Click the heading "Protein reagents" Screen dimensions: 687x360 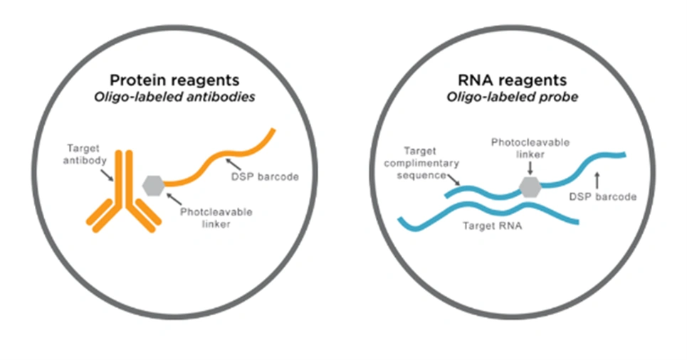point(174,80)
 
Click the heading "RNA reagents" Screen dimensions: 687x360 point(512,80)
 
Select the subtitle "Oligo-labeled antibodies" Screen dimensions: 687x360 point(174,97)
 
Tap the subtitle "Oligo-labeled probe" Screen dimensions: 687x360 point(512,97)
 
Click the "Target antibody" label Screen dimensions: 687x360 point(84,154)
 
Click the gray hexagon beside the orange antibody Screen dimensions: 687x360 point(153,186)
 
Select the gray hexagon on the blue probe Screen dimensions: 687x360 point(530,187)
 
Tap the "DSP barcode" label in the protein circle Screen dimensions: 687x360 point(265,177)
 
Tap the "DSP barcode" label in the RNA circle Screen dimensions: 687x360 point(603,197)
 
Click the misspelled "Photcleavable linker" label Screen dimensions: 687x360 point(216,218)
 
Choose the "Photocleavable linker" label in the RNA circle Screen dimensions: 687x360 point(530,149)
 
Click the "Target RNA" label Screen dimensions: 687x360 point(493,226)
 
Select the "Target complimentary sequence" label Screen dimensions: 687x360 point(421,163)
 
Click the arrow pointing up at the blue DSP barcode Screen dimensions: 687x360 point(597,181)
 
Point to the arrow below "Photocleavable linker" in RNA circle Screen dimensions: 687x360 point(530,168)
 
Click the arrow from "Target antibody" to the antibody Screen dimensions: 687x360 point(107,175)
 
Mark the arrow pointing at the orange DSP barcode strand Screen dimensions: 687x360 point(233,164)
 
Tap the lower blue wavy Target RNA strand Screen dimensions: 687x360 point(488,211)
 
